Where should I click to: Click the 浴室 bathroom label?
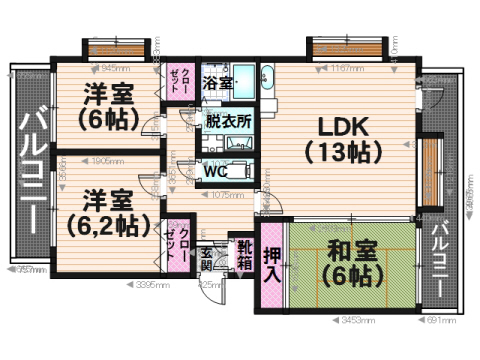pos(218,82)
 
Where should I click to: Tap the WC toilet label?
pos(217,170)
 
